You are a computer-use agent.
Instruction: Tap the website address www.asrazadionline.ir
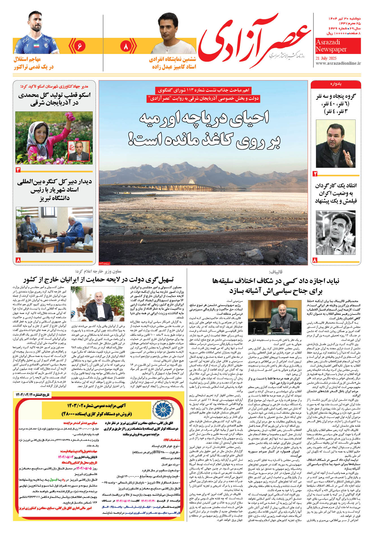338,63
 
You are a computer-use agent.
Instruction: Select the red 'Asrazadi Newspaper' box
338,46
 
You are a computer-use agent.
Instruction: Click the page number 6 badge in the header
79,46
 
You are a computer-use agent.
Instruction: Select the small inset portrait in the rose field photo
79,151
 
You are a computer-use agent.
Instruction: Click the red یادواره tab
336,84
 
